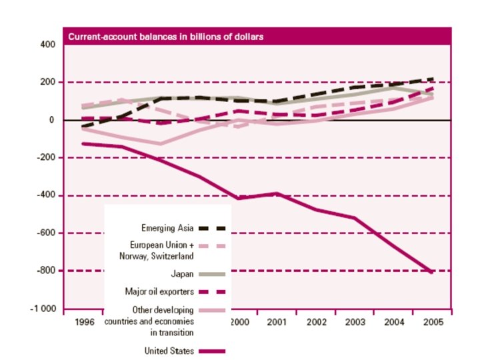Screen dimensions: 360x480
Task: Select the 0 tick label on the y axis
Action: (51, 121)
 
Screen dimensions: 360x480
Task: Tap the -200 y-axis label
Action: (45, 158)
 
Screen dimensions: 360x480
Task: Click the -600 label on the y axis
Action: (45, 233)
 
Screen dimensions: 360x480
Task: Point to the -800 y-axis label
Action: (45, 271)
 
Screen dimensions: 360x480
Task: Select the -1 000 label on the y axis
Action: (43, 309)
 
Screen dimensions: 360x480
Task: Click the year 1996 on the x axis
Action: (85, 322)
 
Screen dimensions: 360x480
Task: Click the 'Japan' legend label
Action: (182, 273)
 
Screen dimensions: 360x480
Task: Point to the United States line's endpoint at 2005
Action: (431, 272)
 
